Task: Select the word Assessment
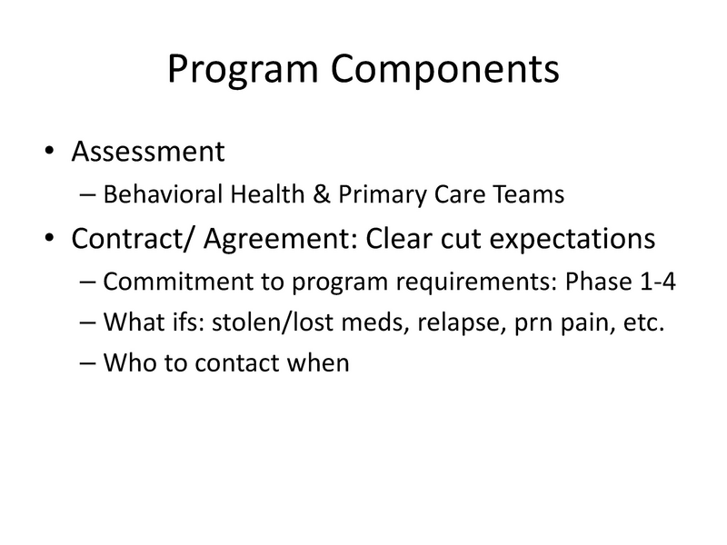pos(147,151)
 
